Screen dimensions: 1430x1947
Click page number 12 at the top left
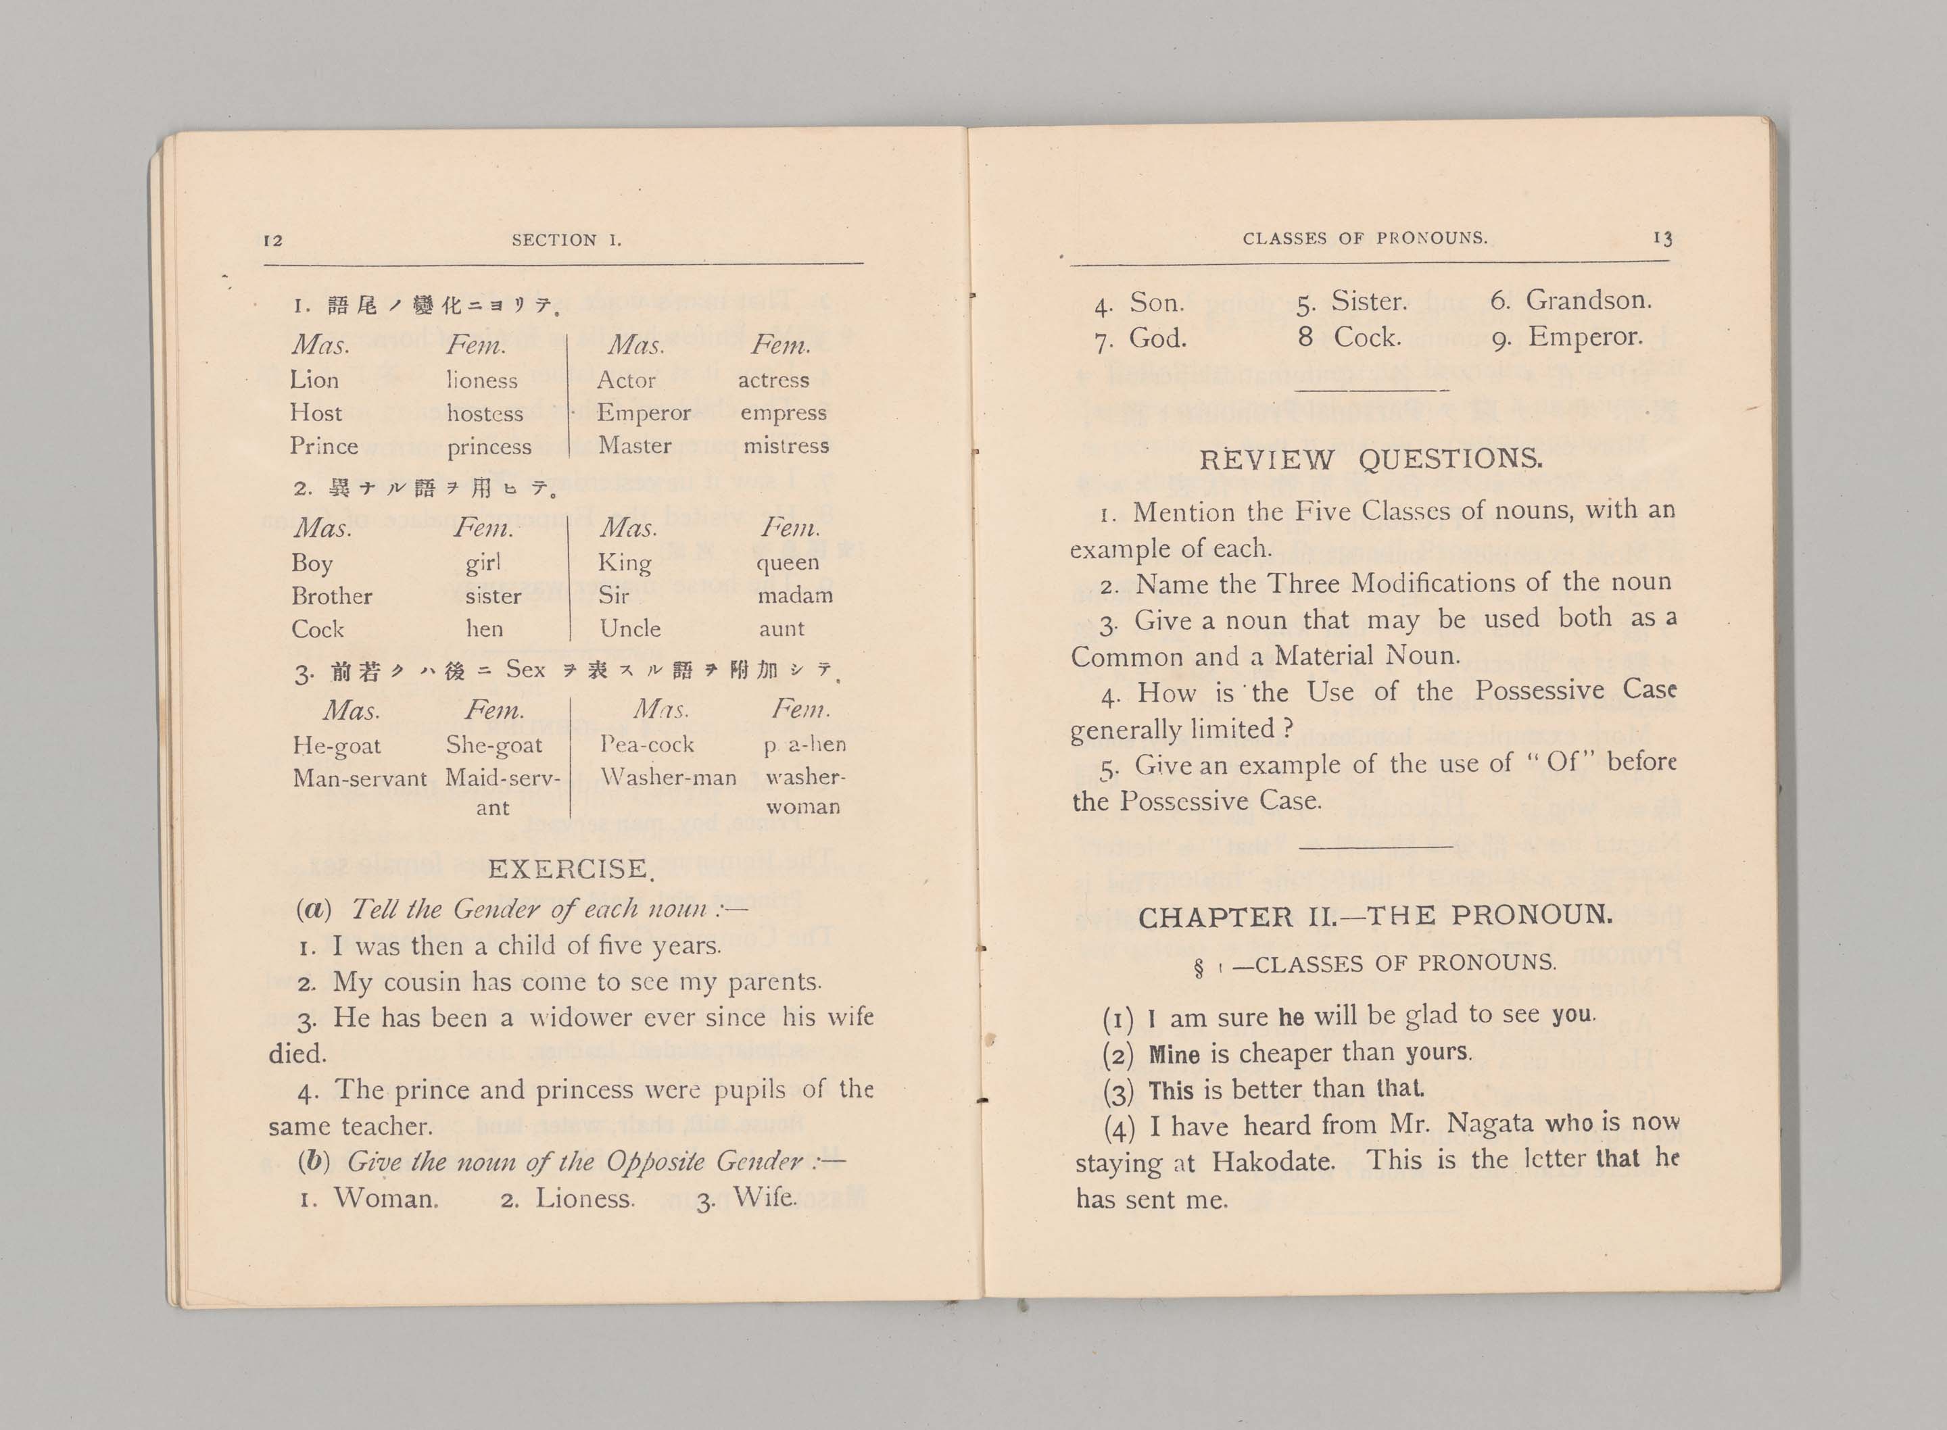pyautogui.click(x=272, y=240)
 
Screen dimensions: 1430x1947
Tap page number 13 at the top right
pyautogui.click(x=1662, y=237)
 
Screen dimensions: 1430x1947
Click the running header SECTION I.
pyautogui.click(x=566, y=240)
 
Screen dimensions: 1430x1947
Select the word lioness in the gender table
pyautogui.click(x=482, y=380)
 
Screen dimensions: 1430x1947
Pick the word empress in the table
pyautogui.click(x=783, y=413)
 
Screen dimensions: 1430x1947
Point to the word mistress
pyautogui.click(x=785, y=446)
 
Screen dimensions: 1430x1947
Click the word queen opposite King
pyautogui.click(x=787, y=563)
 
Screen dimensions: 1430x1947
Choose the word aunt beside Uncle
pyautogui.click(x=781, y=629)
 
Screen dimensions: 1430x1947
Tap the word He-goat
pyautogui.click(x=336, y=746)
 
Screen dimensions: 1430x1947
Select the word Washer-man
pyautogui.click(x=667, y=777)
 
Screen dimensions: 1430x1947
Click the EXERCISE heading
pyautogui.click(x=570, y=868)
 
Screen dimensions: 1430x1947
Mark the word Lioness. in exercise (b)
pyautogui.click(x=584, y=1198)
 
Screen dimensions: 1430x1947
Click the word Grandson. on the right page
pyautogui.click(x=1588, y=300)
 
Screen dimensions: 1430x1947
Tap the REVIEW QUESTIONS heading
pyautogui.click(x=1370, y=459)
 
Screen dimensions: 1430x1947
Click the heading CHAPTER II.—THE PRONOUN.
pyautogui.click(x=1375, y=916)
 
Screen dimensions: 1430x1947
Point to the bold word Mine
pyautogui.click(x=1174, y=1054)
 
